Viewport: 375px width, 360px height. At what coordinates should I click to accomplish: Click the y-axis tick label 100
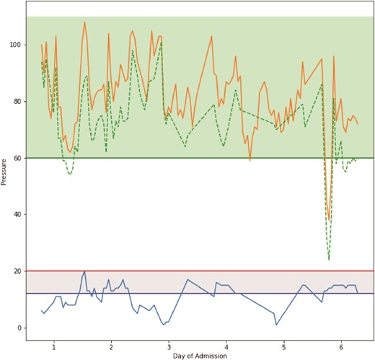15,45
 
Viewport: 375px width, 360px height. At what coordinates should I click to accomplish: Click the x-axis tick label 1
54,346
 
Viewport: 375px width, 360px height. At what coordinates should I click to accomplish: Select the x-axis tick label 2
111,346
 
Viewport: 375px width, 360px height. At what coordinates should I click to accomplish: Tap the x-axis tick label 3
169,346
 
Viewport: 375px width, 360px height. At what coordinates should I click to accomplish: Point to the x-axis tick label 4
226,346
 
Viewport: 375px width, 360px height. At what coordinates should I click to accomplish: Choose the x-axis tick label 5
283,346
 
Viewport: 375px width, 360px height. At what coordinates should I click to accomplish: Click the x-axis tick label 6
341,346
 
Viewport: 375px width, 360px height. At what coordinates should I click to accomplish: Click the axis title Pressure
5,172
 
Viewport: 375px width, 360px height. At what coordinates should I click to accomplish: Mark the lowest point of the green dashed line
329,260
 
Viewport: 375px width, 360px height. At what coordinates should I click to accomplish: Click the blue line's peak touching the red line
84,271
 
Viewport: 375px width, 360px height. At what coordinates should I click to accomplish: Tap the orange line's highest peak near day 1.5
84,22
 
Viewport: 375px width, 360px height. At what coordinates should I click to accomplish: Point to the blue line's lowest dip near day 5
276,325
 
